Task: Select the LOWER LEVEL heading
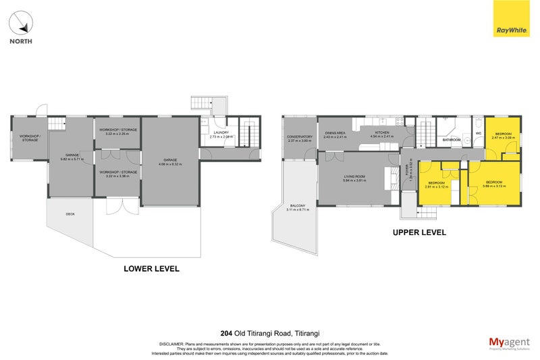(x=151, y=268)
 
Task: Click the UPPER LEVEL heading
(x=418, y=232)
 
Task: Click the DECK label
(x=70, y=214)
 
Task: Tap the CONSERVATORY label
(x=299, y=137)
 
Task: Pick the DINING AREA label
(x=335, y=133)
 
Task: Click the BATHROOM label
(x=451, y=140)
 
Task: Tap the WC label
(x=478, y=133)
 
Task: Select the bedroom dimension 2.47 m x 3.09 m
(x=504, y=138)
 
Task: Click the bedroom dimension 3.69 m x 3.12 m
(x=495, y=186)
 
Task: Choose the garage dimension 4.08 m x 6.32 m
(x=170, y=164)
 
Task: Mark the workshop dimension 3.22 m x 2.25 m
(x=118, y=133)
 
